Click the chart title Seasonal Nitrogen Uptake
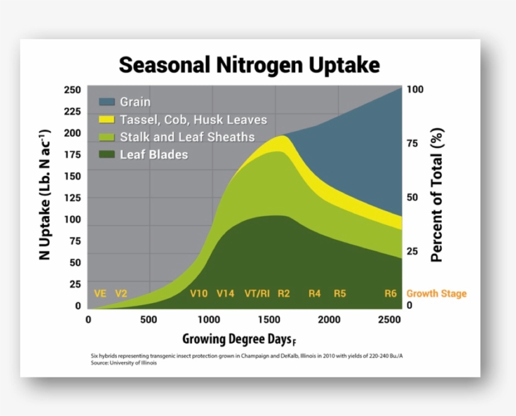click(250, 64)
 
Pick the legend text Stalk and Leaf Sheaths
click(188, 137)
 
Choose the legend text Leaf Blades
click(154, 154)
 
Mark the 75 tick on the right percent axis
click(415, 143)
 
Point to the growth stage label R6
click(391, 294)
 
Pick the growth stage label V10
click(199, 294)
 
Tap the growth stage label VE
click(100, 294)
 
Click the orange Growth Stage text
click(437, 294)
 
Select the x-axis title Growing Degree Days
click(237, 339)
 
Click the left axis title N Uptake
click(45, 196)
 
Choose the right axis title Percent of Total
click(437, 195)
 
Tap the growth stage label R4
click(315, 294)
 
